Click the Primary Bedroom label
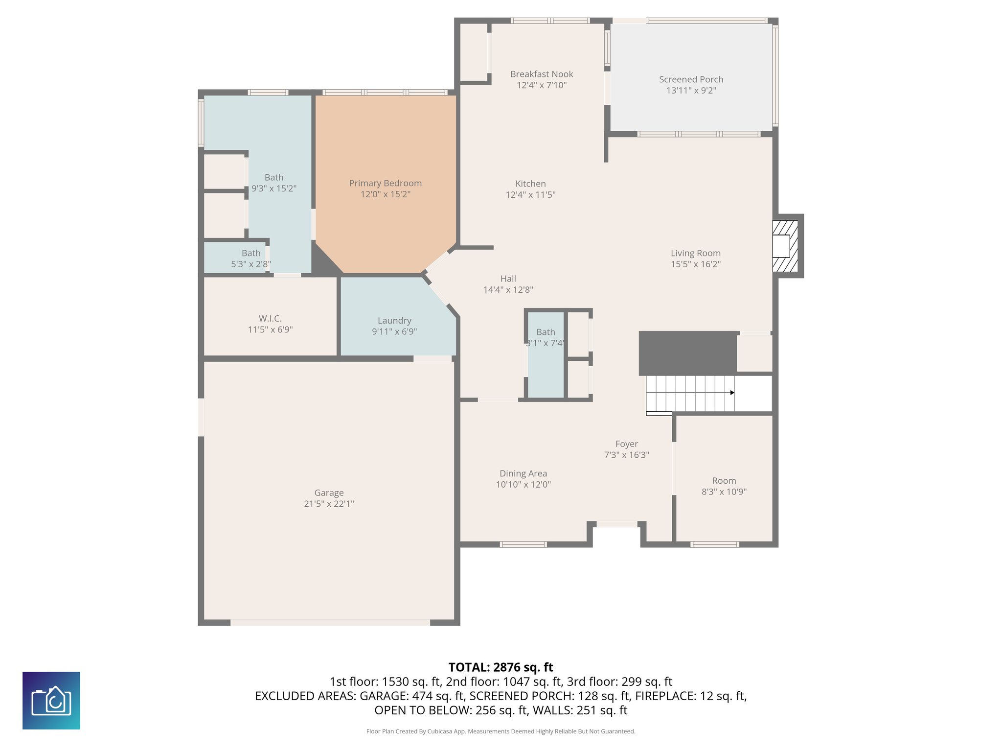tap(385, 183)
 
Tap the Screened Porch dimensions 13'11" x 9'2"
tap(691, 91)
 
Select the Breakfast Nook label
tap(542, 74)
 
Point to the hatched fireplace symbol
tap(785, 246)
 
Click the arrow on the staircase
tap(732, 393)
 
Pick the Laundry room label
tap(394, 321)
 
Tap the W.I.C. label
tap(270, 319)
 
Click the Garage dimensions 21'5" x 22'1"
tap(329, 504)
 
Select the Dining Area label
tap(523, 473)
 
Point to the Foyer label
tap(626, 444)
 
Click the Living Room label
tap(695, 253)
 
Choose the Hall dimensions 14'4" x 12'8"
tap(508, 290)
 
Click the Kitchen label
tap(530, 184)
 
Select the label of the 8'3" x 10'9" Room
tap(724, 481)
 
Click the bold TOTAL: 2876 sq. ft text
tap(501, 667)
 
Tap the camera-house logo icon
tap(51, 701)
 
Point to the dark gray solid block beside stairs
tap(687, 353)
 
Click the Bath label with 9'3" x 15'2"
tap(273, 178)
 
